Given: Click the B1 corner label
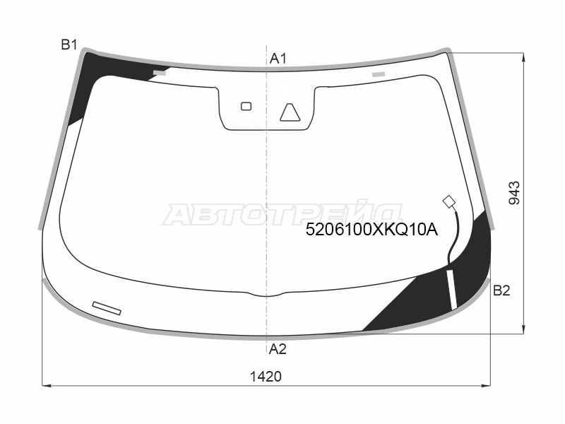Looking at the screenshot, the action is (69, 45).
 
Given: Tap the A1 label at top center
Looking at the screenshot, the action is (278, 59).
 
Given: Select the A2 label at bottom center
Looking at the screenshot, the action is (278, 349).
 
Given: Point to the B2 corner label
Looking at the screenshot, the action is (501, 290).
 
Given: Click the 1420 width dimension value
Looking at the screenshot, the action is (266, 377).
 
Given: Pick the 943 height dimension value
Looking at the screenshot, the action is (514, 193).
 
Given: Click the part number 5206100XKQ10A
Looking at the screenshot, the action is (371, 230).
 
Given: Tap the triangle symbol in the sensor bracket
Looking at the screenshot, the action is (290, 112).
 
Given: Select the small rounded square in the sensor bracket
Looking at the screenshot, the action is (246, 106).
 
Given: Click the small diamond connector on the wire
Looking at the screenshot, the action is (449, 201).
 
